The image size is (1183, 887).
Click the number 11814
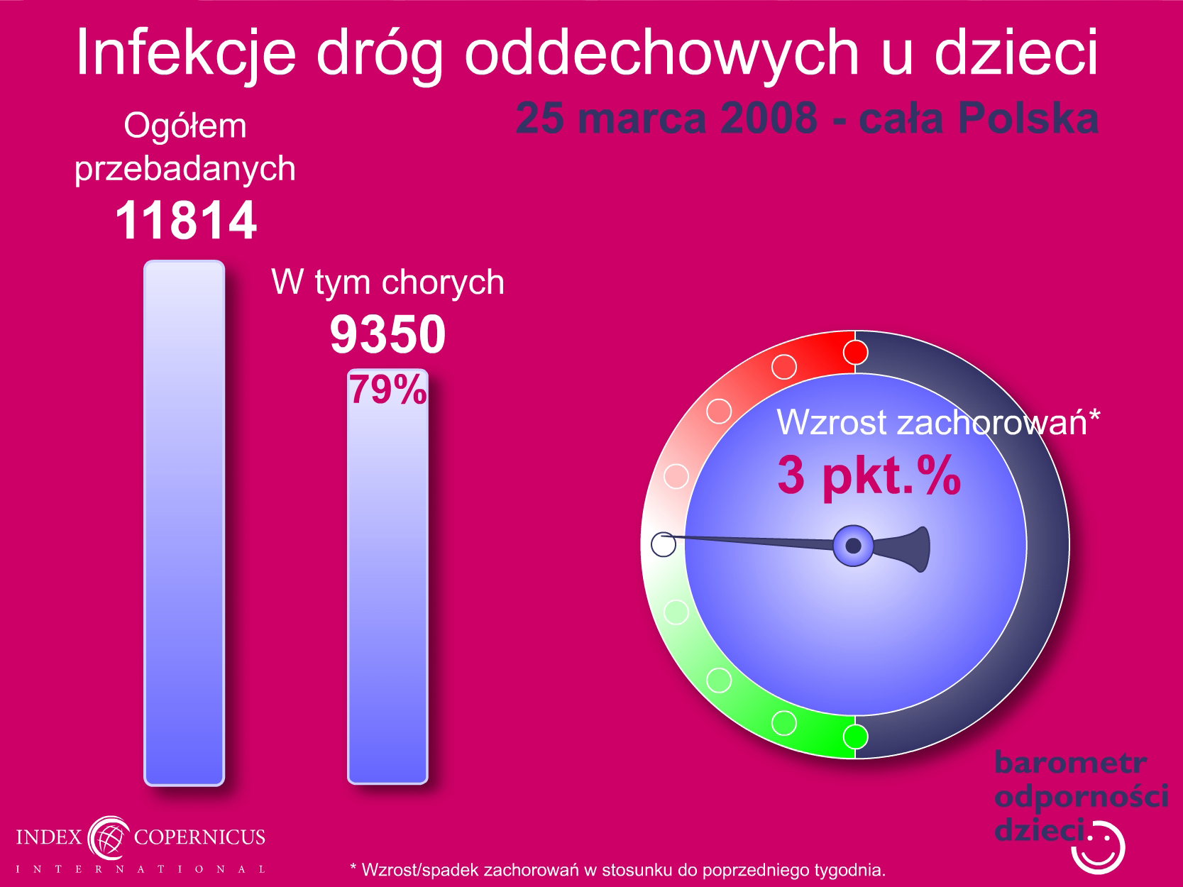click(x=186, y=220)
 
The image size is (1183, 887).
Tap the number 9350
click(x=388, y=335)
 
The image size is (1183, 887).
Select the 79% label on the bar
click(x=388, y=389)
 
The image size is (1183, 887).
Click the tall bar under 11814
click(x=185, y=523)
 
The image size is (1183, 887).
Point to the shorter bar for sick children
click(x=388, y=577)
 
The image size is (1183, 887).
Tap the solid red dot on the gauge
click(x=855, y=353)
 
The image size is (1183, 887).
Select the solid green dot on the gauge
click(x=855, y=737)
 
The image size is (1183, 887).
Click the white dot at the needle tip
click(x=664, y=544)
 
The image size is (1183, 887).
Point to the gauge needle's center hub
click(x=853, y=546)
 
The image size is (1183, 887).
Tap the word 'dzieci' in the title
click(x=1016, y=51)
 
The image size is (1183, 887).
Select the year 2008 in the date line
click(x=769, y=118)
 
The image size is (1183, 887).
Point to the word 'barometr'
click(x=1070, y=763)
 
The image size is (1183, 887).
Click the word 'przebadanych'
click(x=185, y=169)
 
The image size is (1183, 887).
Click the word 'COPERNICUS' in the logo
click(x=199, y=837)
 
